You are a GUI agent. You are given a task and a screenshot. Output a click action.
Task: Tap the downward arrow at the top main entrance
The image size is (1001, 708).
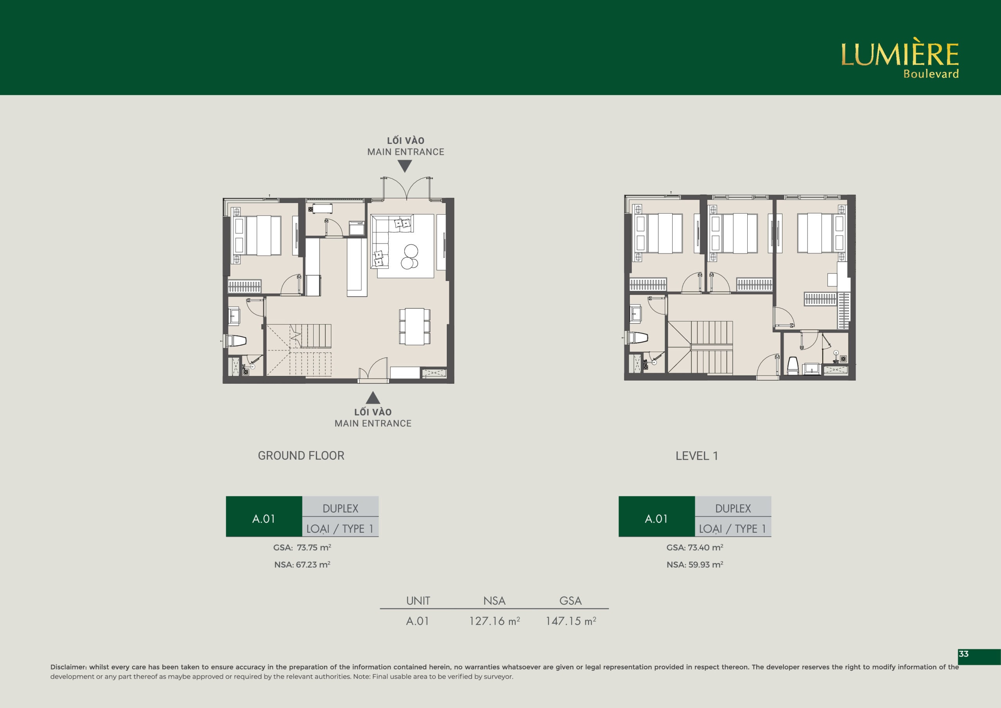[x=405, y=166]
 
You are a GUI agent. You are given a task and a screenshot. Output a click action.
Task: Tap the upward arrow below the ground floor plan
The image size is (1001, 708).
[x=373, y=397]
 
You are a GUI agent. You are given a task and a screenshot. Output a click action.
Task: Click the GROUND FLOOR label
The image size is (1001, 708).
[x=301, y=456]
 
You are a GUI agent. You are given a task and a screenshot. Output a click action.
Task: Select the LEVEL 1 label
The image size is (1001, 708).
[x=697, y=456]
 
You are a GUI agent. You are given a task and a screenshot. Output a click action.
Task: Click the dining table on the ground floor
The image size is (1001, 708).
[x=414, y=326]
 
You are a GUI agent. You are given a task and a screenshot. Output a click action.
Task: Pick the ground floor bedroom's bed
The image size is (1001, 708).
[x=258, y=235]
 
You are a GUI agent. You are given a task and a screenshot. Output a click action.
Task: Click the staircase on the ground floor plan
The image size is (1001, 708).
[x=299, y=349]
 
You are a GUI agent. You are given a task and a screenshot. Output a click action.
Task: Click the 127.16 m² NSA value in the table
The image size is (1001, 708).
[x=494, y=621]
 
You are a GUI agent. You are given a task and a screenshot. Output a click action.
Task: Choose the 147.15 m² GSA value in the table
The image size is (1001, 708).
[x=571, y=621]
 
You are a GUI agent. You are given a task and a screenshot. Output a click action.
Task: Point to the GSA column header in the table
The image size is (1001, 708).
[x=570, y=601]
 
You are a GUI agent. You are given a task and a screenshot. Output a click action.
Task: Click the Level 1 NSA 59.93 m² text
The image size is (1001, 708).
[x=695, y=564]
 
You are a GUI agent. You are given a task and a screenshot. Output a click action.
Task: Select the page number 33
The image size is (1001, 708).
[x=963, y=654]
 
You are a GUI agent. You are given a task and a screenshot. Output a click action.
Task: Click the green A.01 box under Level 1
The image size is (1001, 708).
[x=657, y=516]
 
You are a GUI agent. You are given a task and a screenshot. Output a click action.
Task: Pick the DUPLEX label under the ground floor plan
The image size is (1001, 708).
[x=341, y=509]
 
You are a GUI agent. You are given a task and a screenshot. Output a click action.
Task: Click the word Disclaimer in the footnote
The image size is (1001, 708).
[x=69, y=667]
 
